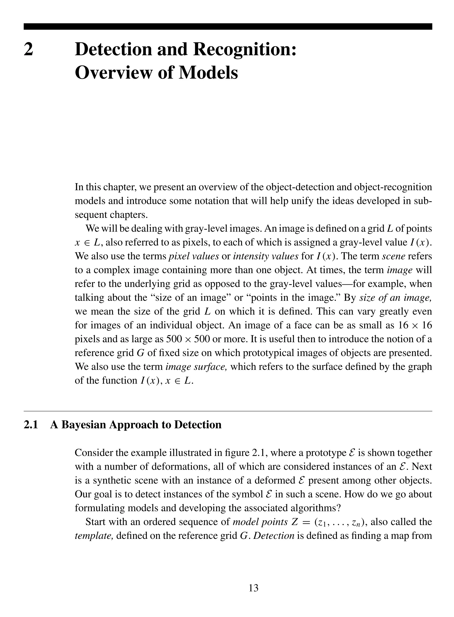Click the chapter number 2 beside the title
[x=29, y=50]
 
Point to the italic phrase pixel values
[x=194, y=256]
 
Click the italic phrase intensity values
[x=266, y=256]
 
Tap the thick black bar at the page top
[x=227, y=26]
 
